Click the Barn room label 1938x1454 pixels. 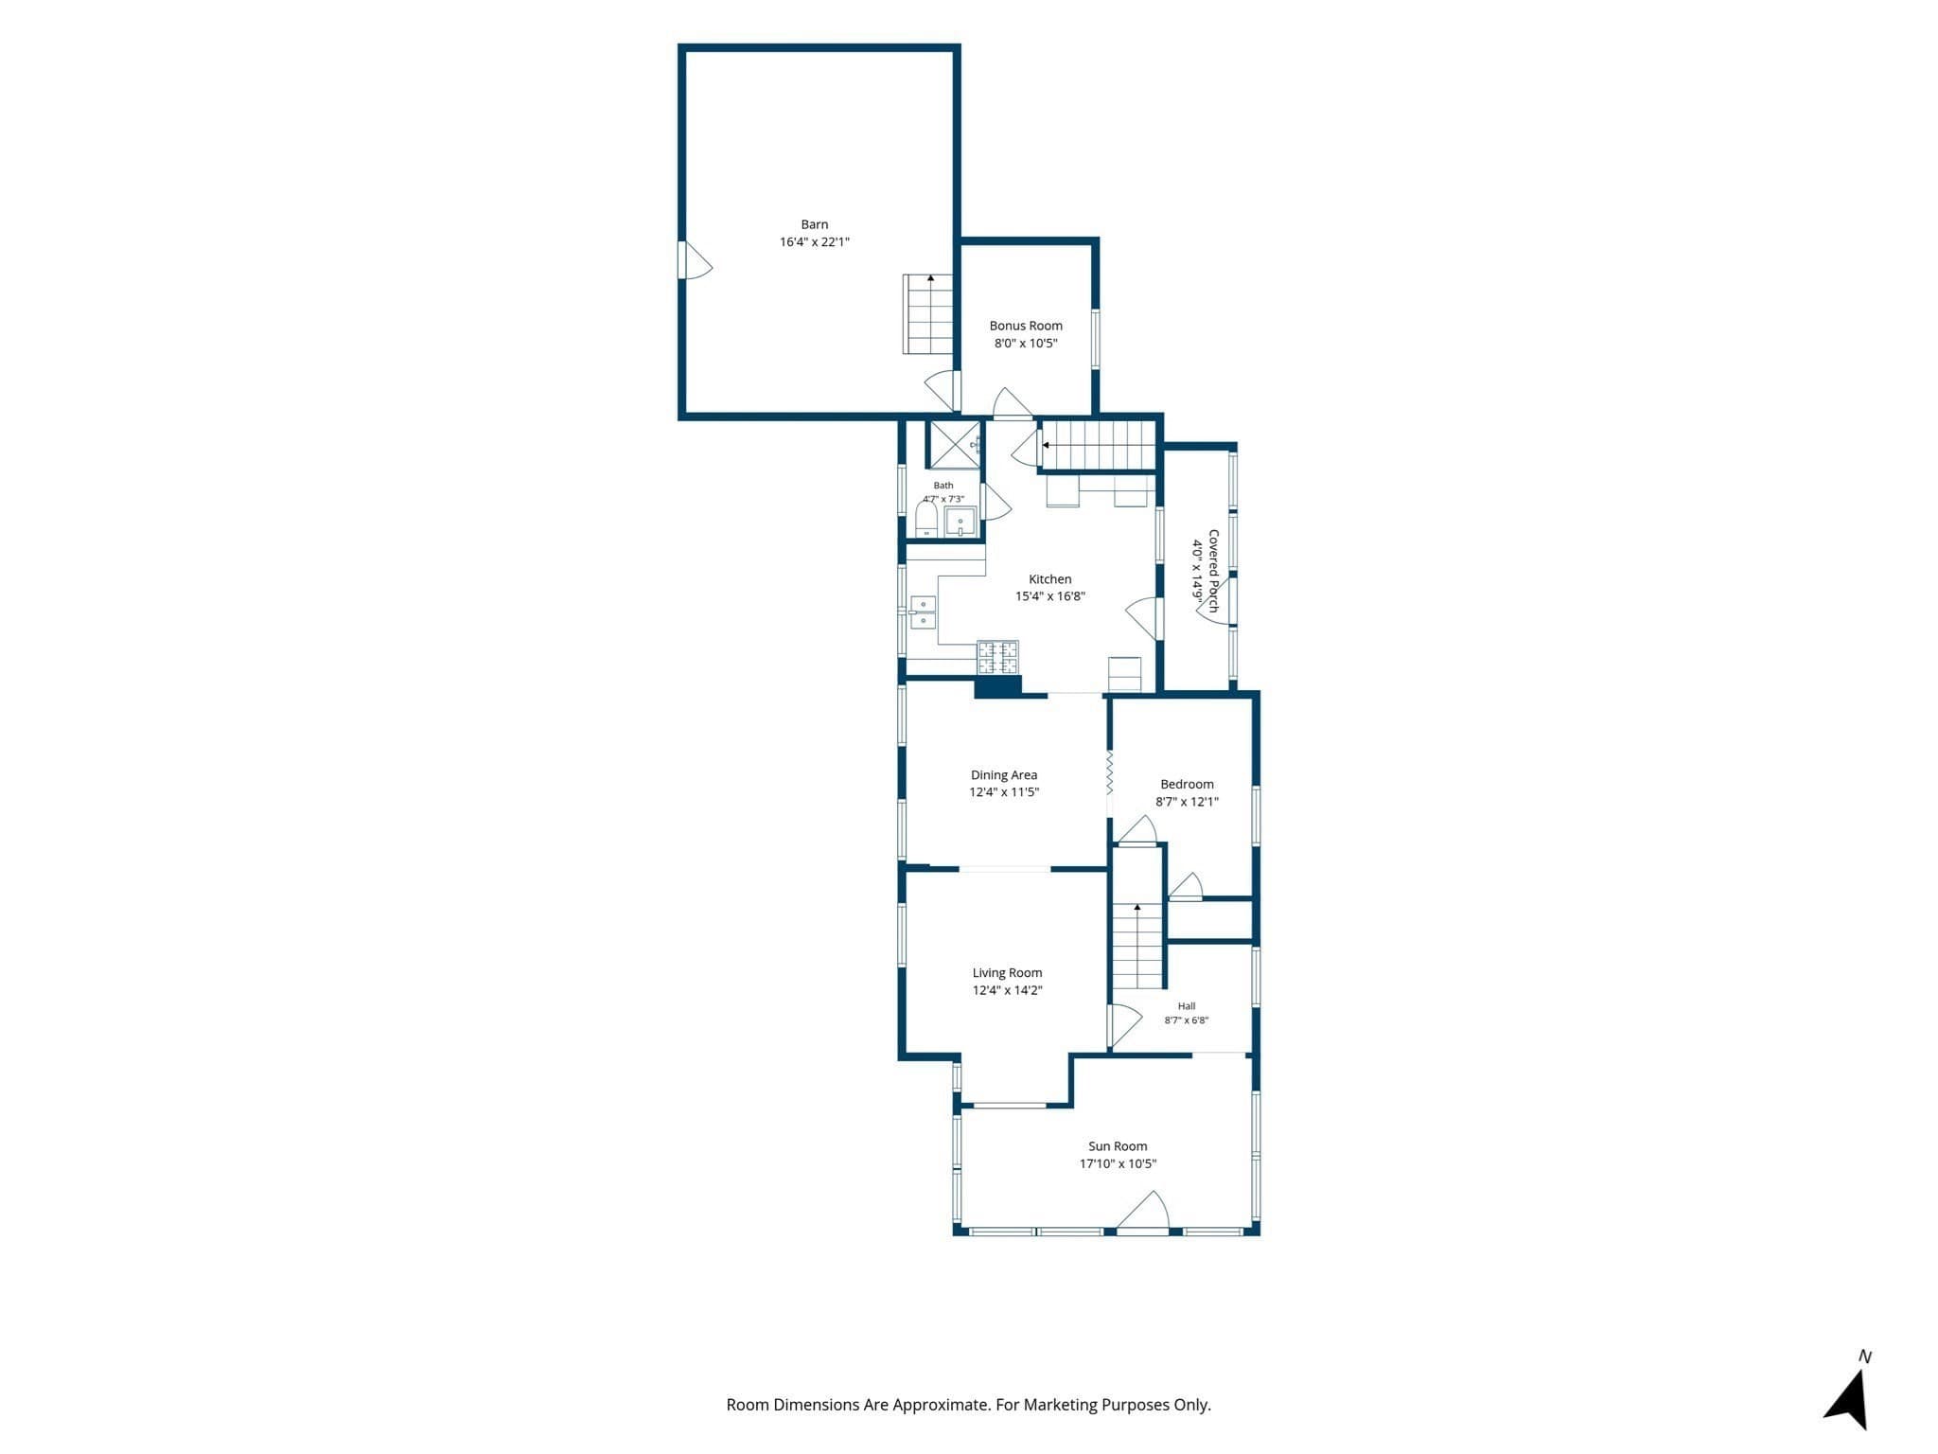point(814,224)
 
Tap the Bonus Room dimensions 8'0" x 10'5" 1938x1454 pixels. point(1026,344)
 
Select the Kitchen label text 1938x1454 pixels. point(1050,579)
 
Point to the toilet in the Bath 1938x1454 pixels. point(926,520)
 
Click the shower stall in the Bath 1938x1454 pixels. point(954,445)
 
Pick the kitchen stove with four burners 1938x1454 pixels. point(997,657)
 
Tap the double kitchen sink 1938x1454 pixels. point(923,612)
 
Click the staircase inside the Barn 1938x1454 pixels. point(927,314)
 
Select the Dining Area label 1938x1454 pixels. point(1004,775)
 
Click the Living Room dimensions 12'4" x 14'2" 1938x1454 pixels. point(1007,990)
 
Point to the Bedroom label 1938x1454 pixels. point(1187,785)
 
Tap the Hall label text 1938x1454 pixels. point(1187,1006)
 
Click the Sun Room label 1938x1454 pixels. point(1118,1146)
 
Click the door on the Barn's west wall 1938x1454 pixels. point(696,260)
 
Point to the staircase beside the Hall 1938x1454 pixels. point(1137,946)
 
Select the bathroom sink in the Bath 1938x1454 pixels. point(960,523)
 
